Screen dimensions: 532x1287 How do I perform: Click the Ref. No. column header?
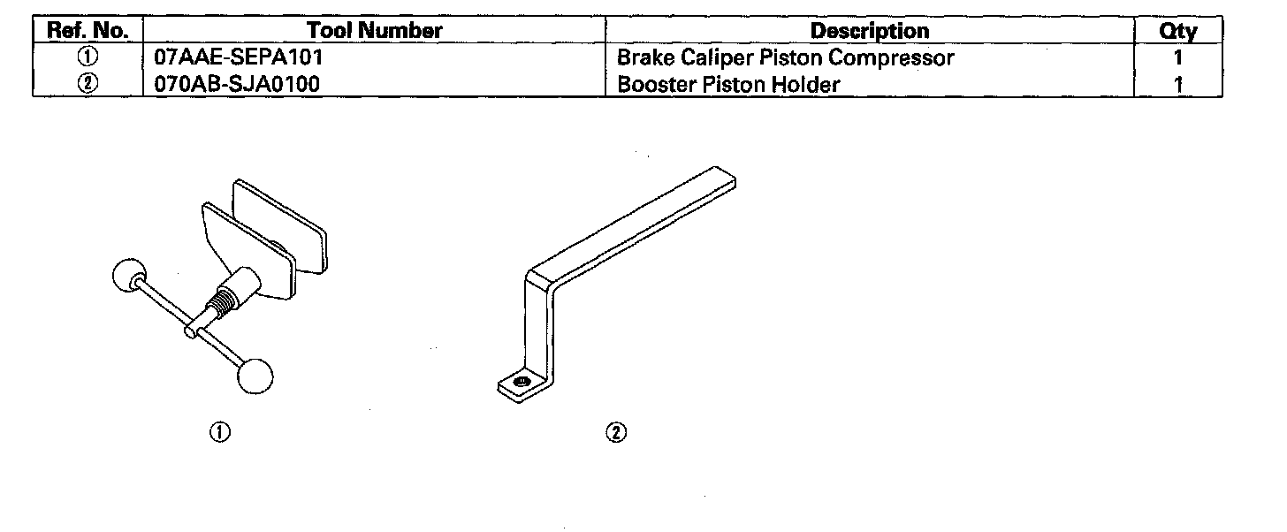coord(88,30)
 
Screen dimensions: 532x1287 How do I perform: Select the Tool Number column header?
coord(374,30)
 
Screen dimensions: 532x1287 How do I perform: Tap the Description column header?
coord(870,30)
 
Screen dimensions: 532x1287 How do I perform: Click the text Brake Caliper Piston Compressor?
coord(786,57)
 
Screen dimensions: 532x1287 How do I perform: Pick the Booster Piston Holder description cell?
coord(728,84)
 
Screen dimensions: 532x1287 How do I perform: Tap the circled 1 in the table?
coord(88,57)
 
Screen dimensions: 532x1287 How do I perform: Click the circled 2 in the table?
coord(88,84)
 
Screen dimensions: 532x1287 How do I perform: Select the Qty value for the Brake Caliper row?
coord(1177,57)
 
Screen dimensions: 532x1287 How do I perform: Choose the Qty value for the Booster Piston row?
coord(1177,85)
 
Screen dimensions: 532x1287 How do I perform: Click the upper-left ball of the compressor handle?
coord(129,277)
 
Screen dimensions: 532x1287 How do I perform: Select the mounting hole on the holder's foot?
coord(522,381)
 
